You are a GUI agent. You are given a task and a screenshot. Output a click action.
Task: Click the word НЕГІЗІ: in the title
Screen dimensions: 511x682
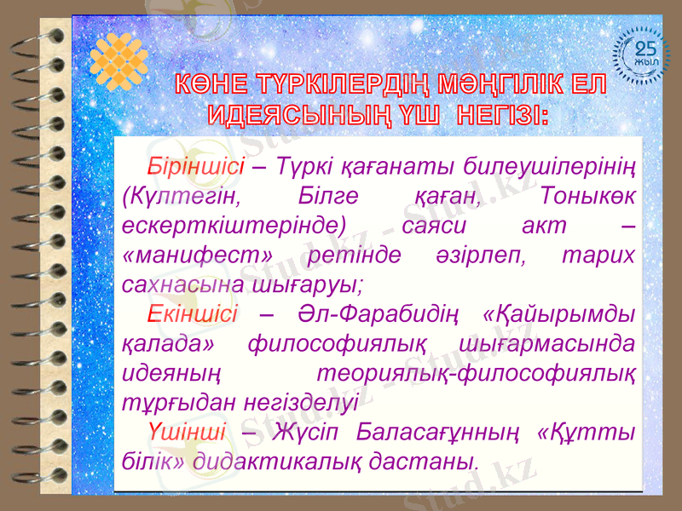pyautogui.click(x=502, y=114)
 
